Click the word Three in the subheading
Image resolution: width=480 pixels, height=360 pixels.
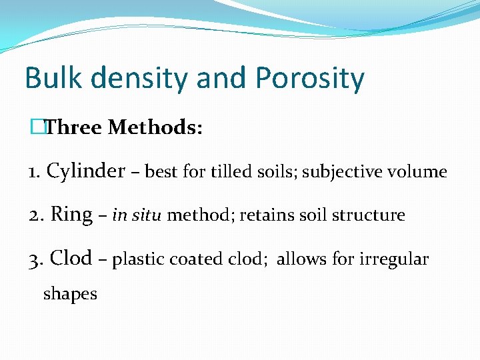[x=73, y=127]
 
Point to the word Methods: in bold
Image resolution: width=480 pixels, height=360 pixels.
[x=155, y=127]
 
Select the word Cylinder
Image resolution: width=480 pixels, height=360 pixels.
[x=86, y=171]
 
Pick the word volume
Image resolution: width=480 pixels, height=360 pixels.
[x=419, y=172]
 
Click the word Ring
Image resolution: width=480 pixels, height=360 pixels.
[x=71, y=215]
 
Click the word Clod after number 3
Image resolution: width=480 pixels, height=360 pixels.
[x=71, y=258]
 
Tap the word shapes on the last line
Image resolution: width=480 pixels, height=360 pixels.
[x=70, y=294]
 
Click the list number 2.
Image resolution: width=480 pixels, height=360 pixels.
[x=35, y=215]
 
